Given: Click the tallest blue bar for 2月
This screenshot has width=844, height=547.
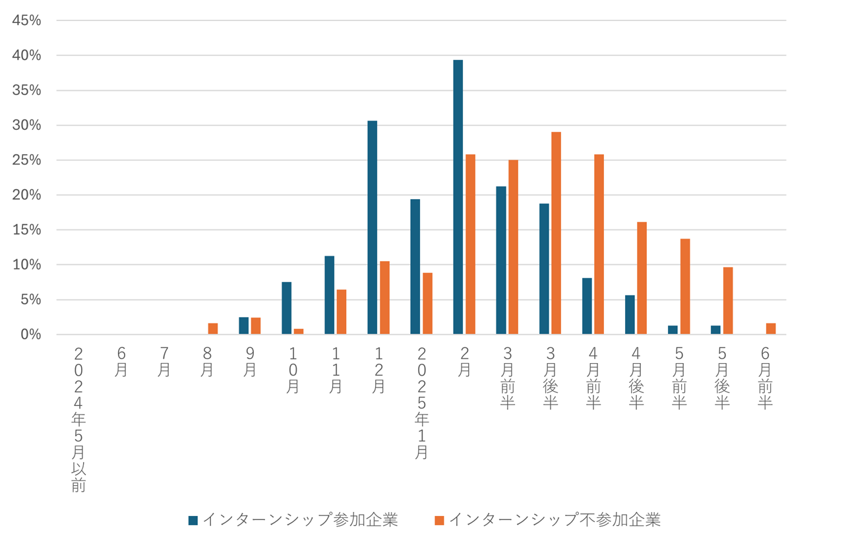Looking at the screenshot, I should point(458,197).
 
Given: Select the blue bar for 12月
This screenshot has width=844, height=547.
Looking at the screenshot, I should point(372,227).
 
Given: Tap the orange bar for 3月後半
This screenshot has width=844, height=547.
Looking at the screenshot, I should point(556,233).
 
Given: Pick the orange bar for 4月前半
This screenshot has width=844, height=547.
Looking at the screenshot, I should point(599,245).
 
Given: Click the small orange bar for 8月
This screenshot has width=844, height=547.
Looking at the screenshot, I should point(213,329).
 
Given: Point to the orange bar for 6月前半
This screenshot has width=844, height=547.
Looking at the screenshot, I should point(771,329).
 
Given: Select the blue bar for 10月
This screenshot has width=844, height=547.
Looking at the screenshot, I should point(286,308).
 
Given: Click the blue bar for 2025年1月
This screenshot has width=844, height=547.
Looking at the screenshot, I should point(415,267).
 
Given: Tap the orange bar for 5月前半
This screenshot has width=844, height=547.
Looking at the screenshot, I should point(685,287).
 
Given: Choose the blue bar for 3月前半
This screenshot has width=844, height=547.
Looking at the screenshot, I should point(501,260).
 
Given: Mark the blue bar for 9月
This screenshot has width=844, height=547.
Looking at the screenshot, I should point(243,326).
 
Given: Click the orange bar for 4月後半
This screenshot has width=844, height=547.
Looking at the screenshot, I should point(642,278).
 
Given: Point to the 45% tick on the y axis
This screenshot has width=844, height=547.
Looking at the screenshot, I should point(26,20).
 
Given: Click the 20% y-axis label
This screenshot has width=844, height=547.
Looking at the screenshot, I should point(26,195).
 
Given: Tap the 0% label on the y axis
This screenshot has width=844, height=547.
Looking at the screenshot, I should point(30,335).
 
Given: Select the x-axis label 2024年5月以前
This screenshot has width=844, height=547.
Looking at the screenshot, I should point(78,419).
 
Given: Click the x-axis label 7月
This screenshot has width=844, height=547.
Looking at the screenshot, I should point(164,362).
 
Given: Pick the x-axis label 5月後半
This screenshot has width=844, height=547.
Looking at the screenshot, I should point(722,378).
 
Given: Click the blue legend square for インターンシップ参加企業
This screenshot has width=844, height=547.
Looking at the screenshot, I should point(193,520).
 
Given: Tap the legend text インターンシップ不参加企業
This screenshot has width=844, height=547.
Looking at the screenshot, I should point(555,520).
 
